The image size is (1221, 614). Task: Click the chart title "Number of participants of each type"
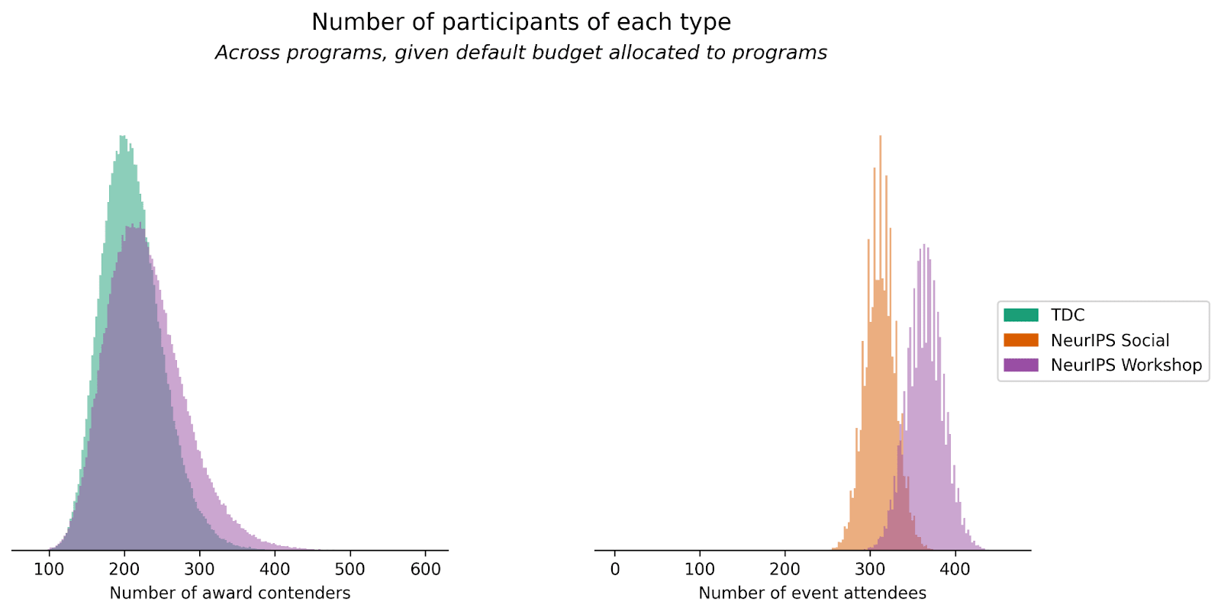[x=521, y=22]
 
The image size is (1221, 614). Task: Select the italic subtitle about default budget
[x=521, y=53]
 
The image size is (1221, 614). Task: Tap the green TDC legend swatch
[x=1021, y=315]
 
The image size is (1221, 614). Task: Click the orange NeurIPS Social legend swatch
[x=1021, y=340]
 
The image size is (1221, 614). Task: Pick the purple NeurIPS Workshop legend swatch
[x=1021, y=365]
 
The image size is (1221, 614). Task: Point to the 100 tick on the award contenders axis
[x=49, y=569]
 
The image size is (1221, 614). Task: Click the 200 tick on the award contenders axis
[x=124, y=569]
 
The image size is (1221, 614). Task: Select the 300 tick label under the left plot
[x=199, y=569]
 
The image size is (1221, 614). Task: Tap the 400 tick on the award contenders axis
[x=275, y=569]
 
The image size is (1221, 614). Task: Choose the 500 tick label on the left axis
[x=350, y=569]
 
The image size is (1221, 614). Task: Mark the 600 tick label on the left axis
[x=425, y=569]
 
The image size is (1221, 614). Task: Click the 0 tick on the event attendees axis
[x=615, y=569]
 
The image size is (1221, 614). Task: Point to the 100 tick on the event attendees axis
[x=700, y=569]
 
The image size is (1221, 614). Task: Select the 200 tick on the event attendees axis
[x=785, y=569]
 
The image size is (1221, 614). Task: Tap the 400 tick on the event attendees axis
[x=955, y=569]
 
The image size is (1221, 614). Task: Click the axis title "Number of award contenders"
[x=230, y=593]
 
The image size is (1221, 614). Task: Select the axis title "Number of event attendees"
[x=812, y=593]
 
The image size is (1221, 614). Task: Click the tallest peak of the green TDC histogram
[x=123, y=137]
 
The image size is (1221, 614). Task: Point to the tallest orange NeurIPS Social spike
[x=881, y=137]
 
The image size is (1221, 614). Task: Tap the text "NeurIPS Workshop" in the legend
[x=1126, y=365]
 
